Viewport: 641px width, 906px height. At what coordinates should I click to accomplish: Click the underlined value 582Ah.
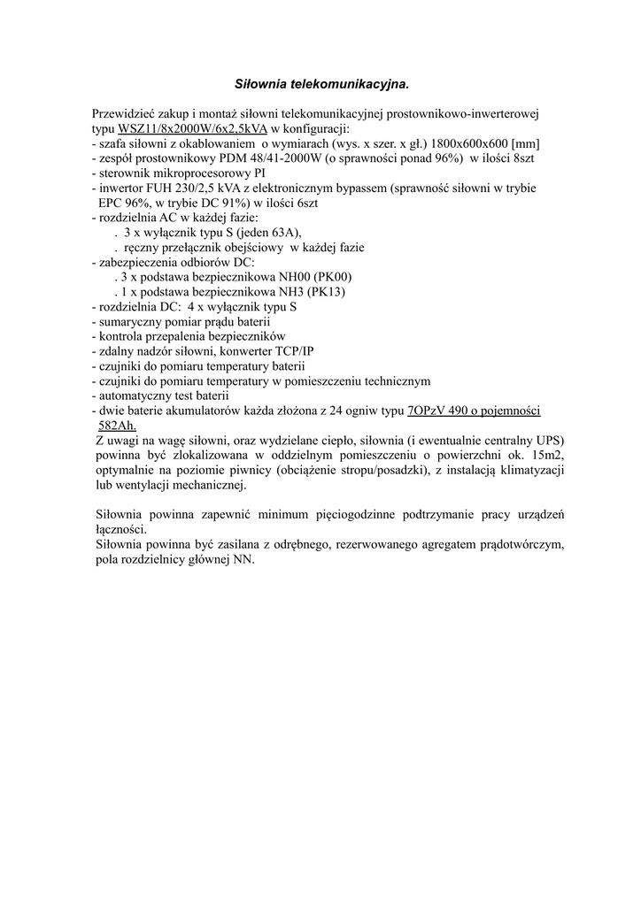click(x=117, y=426)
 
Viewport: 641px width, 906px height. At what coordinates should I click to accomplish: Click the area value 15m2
click(x=547, y=456)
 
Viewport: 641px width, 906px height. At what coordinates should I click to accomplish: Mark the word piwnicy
click(x=252, y=471)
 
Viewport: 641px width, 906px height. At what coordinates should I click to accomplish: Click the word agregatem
click(x=441, y=545)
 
